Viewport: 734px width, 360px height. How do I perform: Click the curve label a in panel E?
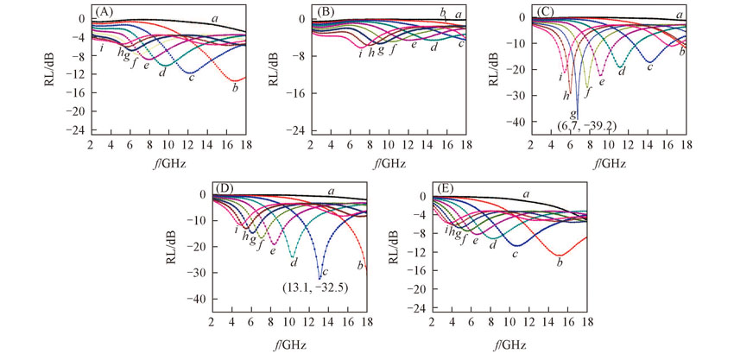coord(527,194)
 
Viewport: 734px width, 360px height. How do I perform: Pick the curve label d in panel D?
coord(294,262)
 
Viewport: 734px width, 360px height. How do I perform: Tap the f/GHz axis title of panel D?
coord(289,343)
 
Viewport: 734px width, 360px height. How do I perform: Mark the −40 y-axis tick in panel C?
coord(517,122)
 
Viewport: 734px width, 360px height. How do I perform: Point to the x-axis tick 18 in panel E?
coord(587,324)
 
